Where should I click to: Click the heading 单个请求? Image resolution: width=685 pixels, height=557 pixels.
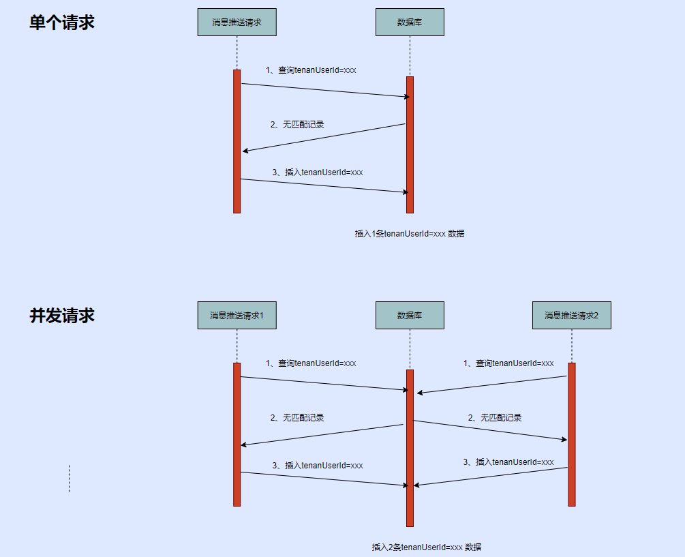point(61,22)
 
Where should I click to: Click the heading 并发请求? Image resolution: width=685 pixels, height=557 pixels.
point(61,316)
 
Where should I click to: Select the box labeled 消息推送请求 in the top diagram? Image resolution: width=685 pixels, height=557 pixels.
point(237,22)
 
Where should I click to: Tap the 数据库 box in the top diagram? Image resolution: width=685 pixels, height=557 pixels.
point(410,22)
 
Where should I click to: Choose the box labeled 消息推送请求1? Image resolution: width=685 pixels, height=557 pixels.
point(237,316)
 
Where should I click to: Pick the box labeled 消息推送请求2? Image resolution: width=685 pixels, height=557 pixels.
point(571,316)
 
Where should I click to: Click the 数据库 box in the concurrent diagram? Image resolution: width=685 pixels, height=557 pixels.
point(410,316)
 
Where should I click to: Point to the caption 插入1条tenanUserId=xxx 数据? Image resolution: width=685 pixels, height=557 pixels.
point(410,233)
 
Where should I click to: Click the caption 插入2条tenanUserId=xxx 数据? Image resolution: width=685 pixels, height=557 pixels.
point(426,547)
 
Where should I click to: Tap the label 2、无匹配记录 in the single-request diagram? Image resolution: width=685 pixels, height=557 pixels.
point(296,125)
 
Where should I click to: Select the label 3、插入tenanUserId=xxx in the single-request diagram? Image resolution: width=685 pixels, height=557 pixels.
point(317,172)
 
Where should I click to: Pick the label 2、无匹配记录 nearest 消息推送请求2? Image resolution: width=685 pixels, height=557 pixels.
point(494,418)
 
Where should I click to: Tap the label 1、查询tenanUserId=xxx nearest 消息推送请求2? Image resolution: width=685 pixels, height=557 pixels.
point(508,363)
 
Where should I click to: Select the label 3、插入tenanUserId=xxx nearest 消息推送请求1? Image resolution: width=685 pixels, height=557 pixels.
point(317,466)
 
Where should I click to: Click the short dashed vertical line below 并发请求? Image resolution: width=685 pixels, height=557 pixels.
point(69,479)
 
